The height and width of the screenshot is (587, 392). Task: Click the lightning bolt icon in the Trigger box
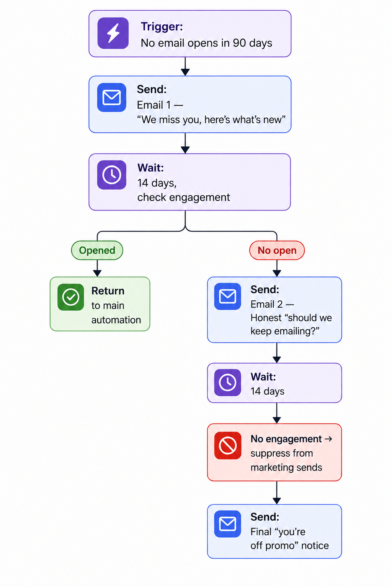pos(113,33)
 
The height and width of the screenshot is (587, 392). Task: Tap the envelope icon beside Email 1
pos(111,97)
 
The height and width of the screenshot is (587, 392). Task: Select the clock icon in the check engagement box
pos(111,175)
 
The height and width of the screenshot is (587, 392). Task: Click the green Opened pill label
pos(97,250)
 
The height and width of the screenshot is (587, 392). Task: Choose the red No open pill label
pos(277,250)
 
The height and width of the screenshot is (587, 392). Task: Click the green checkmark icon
pos(70,297)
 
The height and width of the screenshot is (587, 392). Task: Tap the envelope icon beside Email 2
pos(227,297)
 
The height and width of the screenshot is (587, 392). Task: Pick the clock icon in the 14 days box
pos(227,382)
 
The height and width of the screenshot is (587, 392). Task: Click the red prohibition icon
pos(228,446)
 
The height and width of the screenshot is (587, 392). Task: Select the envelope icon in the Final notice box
pos(227,524)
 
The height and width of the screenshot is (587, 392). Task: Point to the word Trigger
pos(162,27)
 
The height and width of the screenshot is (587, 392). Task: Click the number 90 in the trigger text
pos(239,43)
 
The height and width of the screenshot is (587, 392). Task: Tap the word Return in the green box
pos(108,291)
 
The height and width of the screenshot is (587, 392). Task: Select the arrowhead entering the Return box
pos(97,273)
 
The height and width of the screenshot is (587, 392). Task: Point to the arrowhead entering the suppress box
pos(277,420)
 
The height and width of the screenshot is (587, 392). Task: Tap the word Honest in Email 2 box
pos(266,318)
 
